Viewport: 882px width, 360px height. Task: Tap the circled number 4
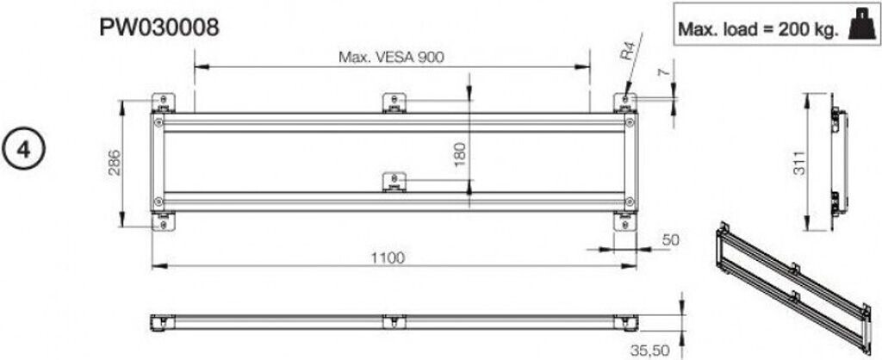point(25,147)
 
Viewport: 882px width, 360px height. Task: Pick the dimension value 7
point(662,72)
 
